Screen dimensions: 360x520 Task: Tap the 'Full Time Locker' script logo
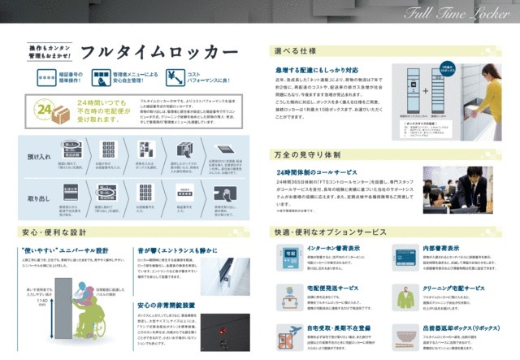[x=461, y=15]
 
